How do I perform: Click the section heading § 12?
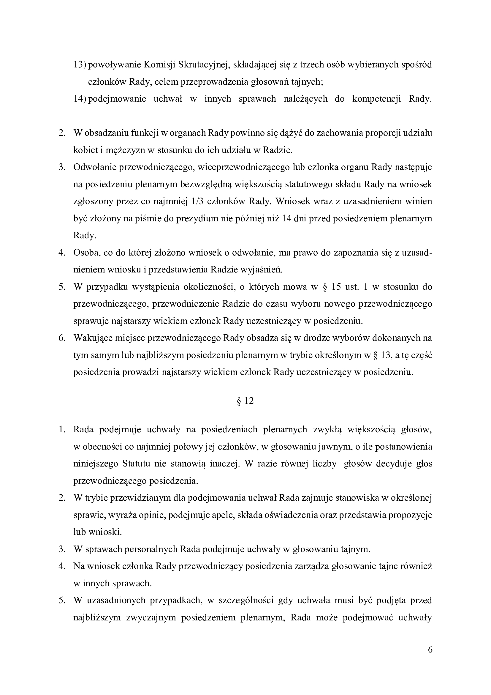click(245, 401)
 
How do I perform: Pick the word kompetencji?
click(376, 99)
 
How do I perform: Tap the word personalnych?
click(151, 549)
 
